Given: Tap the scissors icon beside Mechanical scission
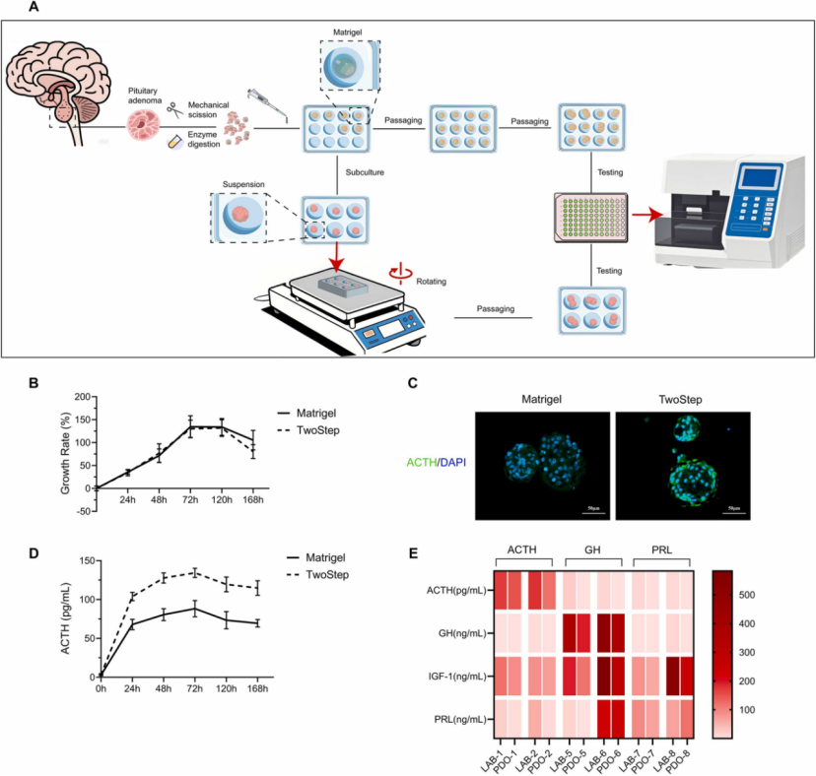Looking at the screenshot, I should [x=172, y=110].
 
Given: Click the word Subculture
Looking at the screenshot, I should [x=364, y=171].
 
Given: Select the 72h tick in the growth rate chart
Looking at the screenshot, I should [x=191, y=500].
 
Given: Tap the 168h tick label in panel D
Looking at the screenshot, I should [x=259, y=689].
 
